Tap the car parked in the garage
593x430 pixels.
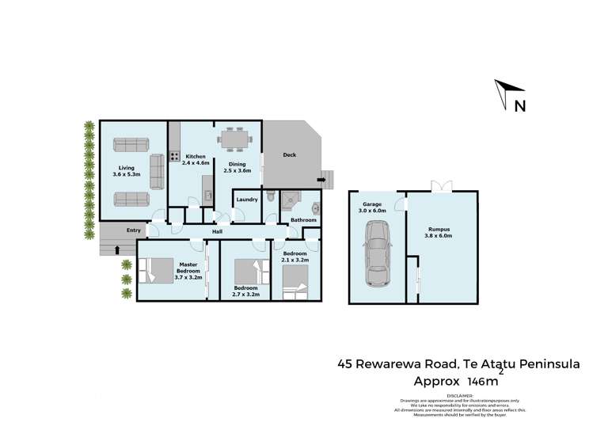point(376,253)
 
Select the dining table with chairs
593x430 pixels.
point(235,139)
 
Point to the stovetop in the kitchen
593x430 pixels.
point(174,157)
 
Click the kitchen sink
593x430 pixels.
point(207,195)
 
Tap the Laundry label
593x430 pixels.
point(247,200)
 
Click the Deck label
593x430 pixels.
point(290,155)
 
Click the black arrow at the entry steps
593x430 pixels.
point(118,249)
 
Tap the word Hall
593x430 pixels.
point(215,231)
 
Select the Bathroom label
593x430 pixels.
point(303,220)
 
